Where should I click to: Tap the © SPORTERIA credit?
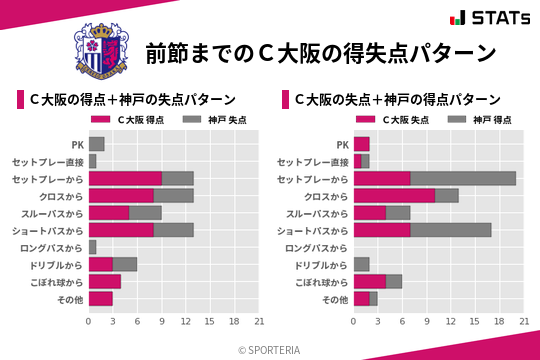pos(270,350)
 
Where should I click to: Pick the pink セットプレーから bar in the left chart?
pos(125,178)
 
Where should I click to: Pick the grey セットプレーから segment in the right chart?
pos(463,178)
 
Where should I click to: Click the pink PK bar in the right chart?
pos(361,144)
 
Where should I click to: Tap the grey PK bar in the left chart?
pos(96,144)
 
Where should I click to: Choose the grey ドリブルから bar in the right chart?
pos(361,264)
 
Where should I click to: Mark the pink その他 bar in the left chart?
pos(100,298)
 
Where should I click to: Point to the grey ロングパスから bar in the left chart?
pos(92,247)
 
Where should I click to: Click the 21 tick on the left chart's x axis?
pos(259,321)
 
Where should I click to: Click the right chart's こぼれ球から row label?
pos(319,282)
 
